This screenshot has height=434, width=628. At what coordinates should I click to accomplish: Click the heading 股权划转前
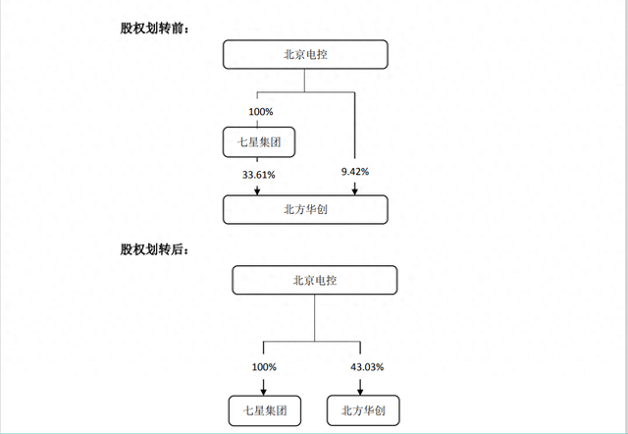pyautogui.click(x=154, y=28)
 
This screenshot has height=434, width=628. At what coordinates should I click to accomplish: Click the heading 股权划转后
pyautogui.click(x=154, y=249)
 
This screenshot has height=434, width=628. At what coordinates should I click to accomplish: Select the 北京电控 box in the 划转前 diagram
pyautogui.click(x=305, y=55)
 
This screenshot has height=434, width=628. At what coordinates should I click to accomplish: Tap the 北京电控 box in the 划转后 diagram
pyautogui.click(x=314, y=280)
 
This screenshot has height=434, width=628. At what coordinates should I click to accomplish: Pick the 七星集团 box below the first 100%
pyautogui.click(x=259, y=141)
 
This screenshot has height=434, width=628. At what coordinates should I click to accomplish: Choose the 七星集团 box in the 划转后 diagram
pyautogui.click(x=265, y=410)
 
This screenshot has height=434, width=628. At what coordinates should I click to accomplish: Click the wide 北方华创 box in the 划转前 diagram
pyautogui.click(x=305, y=209)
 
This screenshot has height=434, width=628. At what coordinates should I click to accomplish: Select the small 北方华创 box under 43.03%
pyautogui.click(x=363, y=410)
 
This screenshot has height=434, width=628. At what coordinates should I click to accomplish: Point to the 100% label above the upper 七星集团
pyautogui.click(x=261, y=112)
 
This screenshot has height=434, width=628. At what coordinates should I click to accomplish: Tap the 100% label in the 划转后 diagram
pyautogui.click(x=264, y=366)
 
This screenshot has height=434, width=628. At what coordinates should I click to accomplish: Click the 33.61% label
pyautogui.click(x=258, y=175)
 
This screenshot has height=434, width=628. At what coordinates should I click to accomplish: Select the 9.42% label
pyautogui.click(x=355, y=172)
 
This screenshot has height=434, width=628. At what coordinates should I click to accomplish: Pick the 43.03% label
pyautogui.click(x=367, y=366)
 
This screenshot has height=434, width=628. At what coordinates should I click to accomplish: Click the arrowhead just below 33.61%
pyautogui.click(x=257, y=190)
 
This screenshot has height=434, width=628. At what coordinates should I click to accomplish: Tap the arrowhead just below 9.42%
pyautogui.click(x=354, y=190)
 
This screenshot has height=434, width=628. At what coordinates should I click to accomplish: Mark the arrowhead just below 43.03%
pyautogui.click(x=360, y=391)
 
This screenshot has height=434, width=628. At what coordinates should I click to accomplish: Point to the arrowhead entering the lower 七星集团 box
pyautogui.click(x=264, y=391)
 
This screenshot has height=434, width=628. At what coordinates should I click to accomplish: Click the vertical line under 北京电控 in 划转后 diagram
pyautogui.click(x=314, y=318)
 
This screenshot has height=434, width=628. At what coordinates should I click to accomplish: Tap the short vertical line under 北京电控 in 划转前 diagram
pyautogui.click(x=304, y=81)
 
